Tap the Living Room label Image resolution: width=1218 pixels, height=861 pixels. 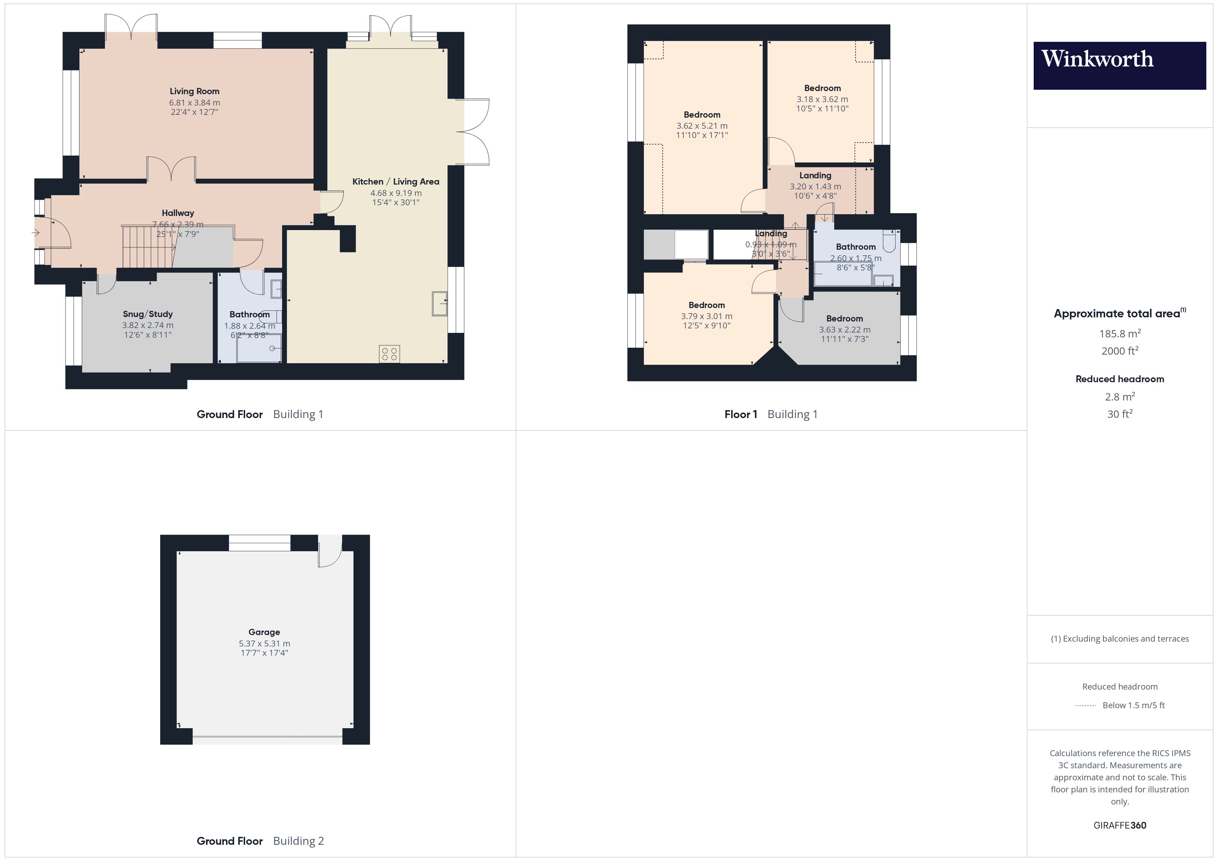coord(194,91)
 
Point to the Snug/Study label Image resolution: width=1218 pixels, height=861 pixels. coord(147,314)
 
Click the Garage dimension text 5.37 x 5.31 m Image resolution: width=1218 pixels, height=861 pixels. coord(264,643)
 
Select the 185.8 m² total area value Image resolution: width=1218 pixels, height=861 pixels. coord(1119,334)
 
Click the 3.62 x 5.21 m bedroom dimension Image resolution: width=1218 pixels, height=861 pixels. coord(702,126)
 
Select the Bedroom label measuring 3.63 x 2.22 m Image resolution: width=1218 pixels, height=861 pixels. coord(844,319)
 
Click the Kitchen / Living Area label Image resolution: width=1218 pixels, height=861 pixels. coord(396,181)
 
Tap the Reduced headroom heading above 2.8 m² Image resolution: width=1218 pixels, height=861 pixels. coord(1119,379)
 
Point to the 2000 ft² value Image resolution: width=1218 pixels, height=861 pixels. coord(1119,351)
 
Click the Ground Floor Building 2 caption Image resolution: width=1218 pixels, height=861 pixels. coord(260,841)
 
